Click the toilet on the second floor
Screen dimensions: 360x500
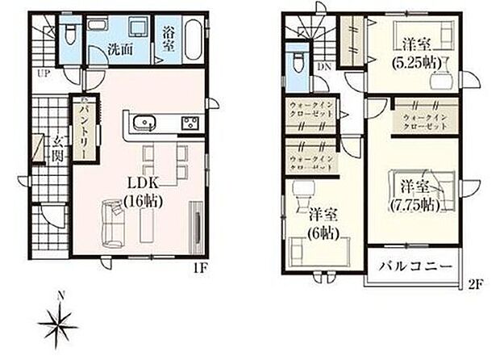pos(298,61)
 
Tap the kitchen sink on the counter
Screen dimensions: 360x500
pos(145,123)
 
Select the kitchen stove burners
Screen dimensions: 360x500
pos(191,123)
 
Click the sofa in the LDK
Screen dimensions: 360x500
pos(113,222)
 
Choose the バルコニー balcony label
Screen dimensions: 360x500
pos(417,265)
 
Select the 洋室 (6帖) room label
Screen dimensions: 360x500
pos(325,222)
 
